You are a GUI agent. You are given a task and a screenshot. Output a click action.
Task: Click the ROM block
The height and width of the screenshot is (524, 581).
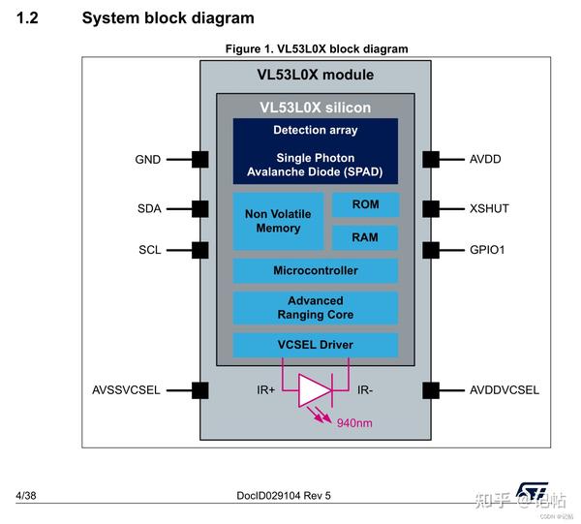click(365, 204)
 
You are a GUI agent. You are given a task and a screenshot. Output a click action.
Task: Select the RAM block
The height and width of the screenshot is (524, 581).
click(365, 237)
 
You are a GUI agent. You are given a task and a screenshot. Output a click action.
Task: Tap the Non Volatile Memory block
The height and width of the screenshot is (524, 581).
click(278, 221)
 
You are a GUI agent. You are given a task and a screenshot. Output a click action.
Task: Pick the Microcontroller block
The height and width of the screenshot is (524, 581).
click(316, 271)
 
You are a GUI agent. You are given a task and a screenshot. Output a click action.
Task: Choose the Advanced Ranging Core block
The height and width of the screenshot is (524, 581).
click(316, 308)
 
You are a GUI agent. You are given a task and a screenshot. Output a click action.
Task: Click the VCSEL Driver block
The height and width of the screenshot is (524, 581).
click(316, 345)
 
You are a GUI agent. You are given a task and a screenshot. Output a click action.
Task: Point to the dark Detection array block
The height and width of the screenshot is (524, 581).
click(316, 151)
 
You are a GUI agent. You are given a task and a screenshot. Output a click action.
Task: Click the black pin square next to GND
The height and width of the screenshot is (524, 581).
click(200, 159)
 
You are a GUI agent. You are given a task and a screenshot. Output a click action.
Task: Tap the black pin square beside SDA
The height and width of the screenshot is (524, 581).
click(200, 208)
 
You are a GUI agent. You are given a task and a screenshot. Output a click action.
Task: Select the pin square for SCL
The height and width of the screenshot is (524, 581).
click(200, 250)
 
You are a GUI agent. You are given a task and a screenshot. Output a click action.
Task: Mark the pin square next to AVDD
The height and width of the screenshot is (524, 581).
click(431, 159)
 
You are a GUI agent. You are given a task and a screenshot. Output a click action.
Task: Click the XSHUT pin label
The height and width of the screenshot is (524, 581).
click(489, 208)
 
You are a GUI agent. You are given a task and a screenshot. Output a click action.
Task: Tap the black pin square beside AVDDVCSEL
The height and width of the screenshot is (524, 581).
click(431, 390)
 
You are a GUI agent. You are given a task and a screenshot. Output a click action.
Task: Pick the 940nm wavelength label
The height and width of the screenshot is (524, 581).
click(355, 422)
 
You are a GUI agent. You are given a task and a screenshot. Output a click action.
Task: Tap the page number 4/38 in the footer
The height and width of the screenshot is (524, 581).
click(26, 496)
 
